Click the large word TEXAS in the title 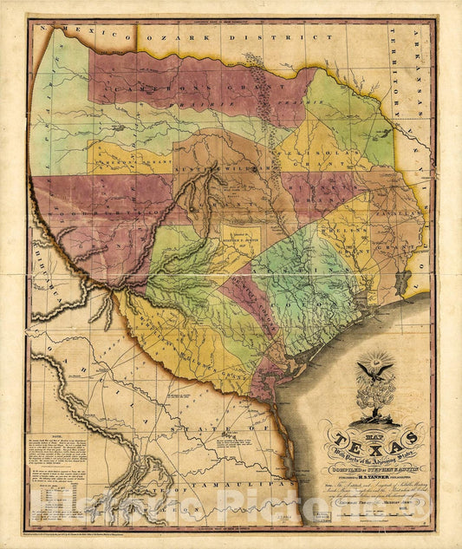(379, 438)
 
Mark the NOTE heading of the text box (67, 440)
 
